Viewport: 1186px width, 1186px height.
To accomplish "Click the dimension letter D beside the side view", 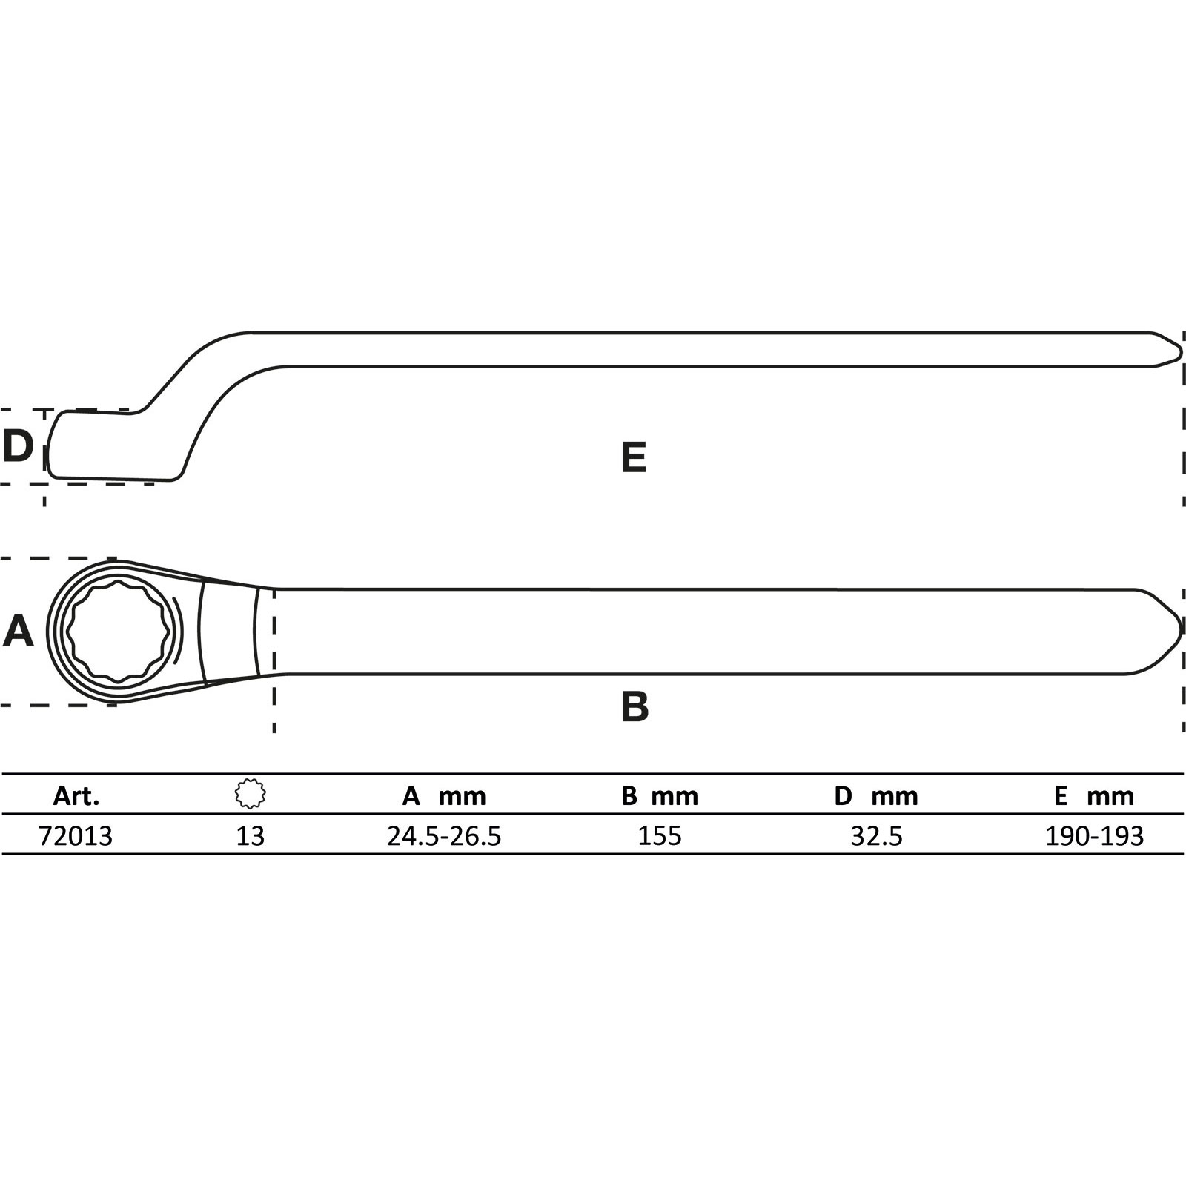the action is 18,445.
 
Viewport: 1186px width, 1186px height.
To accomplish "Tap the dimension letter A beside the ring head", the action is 19,632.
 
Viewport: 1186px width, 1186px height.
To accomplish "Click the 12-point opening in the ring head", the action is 119,631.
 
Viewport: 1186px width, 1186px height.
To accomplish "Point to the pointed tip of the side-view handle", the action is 1180,350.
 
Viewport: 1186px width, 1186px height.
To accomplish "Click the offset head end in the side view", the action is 111,445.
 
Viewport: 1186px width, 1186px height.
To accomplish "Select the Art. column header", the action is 76,796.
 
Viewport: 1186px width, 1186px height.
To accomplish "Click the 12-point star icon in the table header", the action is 251,794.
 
